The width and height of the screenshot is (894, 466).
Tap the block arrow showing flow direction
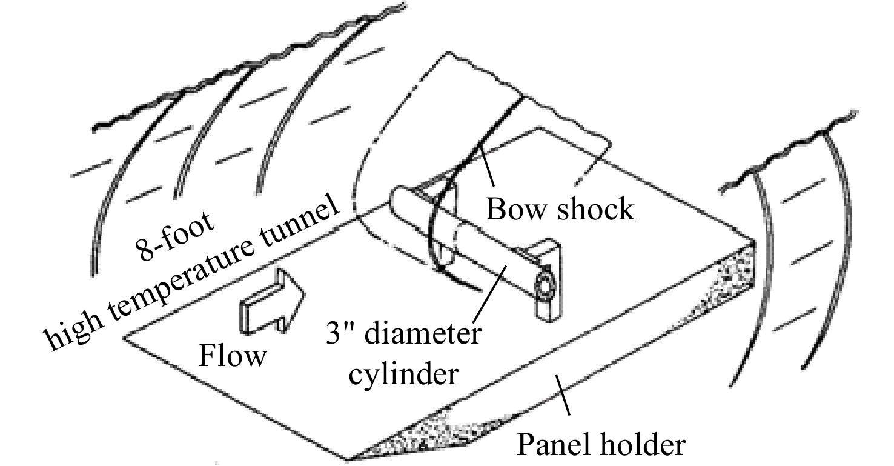(273, 302)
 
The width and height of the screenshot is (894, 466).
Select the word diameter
(423, 333)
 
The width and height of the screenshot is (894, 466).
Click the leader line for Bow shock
(488, 167)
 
